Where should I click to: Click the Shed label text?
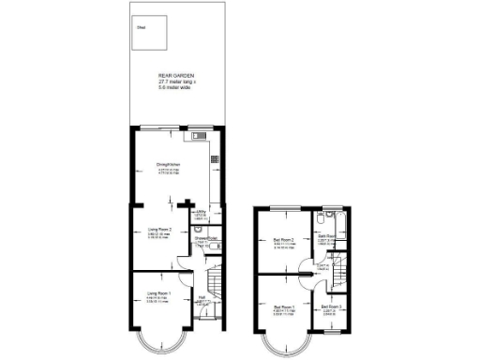pyautogui.click(x=142, y=29)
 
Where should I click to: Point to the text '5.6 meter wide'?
pyautogui.click(x=175, y=88)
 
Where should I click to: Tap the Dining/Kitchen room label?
pyautogui.click(x=169, y=163)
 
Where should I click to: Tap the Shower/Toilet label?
pyautogui.click(x=207, y=238)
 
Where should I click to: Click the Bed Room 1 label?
pyautogui.click(x=284, y=307)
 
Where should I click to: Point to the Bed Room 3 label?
pyautogui.click(x=332, y=307)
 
